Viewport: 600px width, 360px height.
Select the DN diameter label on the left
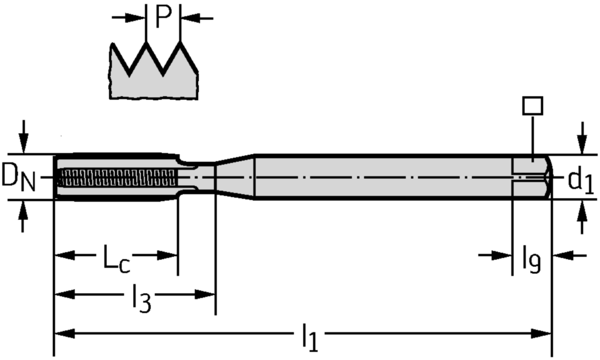pyautogui.click(x=18, y=178)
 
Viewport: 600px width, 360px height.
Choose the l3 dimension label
pyautogui.click(x=140, y=299)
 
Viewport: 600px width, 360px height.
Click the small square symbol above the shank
pyautogui.click(x=532, y=106)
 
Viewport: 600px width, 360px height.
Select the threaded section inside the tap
pyautogui.click(x=117, y=176)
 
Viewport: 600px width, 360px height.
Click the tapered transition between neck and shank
pyautogui.click(x=235, y=176)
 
